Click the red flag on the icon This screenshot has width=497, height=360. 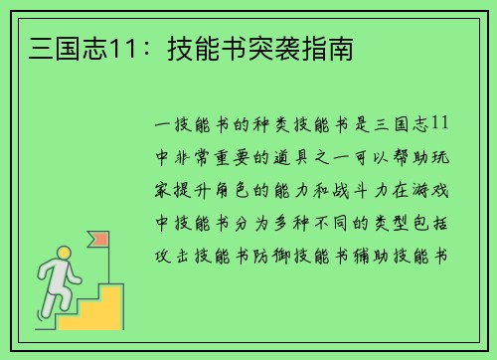tap(100, 239)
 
